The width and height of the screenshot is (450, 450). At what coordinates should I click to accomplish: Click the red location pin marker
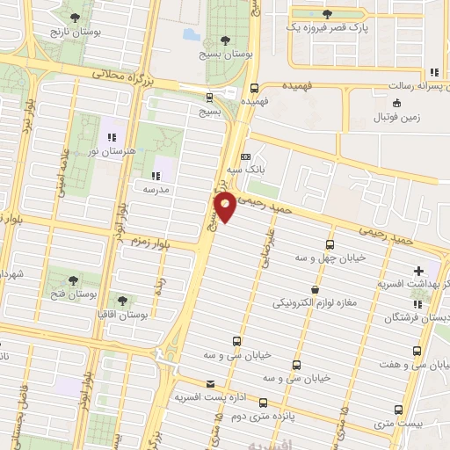pyautogui.click(x=225, y=207)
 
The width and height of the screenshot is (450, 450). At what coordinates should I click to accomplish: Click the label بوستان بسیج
pyautogui.click(x=226, y=54)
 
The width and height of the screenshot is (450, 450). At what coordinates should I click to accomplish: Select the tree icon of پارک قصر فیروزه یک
pyautogui.click(x=328, y=14)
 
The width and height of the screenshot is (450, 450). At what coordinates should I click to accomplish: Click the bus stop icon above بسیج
pyautogui.click(x=209, y=97)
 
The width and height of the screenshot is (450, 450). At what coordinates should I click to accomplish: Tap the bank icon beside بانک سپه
pyautogui.click(x=244, y=155)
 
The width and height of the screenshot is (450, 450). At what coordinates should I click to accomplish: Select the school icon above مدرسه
pyautogui.click(x=156, y=174)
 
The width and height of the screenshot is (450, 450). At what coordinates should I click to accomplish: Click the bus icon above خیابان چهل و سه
pyautogui.click(x=330, y=243)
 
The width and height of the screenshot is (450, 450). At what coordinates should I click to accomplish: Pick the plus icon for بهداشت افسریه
pyautogui.click(x=418, y=270)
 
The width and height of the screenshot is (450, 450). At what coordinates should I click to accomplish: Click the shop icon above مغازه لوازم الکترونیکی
pyautogui.click(x=315, y=289)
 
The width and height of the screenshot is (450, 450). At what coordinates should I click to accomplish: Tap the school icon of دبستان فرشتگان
pyautogui.click(x=417, y=304)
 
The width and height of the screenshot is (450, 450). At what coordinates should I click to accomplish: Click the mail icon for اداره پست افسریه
pyautogui.click(x=209, y=383)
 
